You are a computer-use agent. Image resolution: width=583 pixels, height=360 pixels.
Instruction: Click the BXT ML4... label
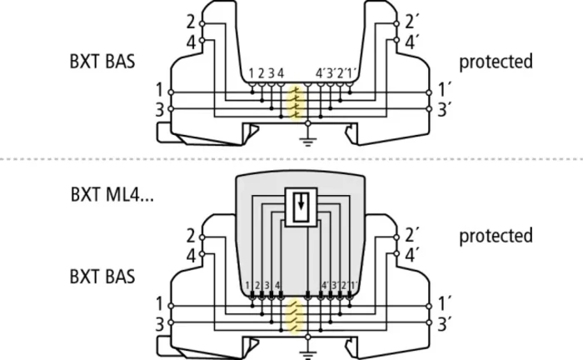click(112, 194)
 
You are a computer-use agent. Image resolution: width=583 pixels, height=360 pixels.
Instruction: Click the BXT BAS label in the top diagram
click(102, 62)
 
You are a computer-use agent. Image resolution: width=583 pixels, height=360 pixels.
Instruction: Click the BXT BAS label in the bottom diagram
click(102, 277)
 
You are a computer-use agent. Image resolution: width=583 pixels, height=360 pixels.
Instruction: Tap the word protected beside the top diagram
click(496, 62)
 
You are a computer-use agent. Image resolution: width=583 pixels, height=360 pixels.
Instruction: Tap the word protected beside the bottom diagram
click(496, 236)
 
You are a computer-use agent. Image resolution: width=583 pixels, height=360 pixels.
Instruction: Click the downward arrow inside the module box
click(301, 202)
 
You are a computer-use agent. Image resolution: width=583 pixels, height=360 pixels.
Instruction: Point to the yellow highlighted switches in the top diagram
click(296, 103)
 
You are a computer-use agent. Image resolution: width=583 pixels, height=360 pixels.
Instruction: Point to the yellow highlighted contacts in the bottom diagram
click(294, 317)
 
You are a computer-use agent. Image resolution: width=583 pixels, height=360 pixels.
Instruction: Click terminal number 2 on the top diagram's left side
click(191, 22)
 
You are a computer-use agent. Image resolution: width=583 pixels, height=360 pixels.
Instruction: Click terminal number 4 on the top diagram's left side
click(191, 42)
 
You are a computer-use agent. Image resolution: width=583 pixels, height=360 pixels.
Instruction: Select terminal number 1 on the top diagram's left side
click(160, 90)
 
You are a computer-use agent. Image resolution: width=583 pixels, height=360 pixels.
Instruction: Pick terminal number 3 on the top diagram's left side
click(160, 110)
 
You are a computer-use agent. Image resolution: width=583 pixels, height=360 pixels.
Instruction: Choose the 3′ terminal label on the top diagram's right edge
click(444, 110)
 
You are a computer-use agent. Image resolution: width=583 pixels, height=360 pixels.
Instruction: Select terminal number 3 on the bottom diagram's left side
click(160, 324)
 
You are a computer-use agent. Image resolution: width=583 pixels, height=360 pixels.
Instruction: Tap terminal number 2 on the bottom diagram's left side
click(191, 236)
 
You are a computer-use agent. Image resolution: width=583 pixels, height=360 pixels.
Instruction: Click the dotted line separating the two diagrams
click(291, 159)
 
